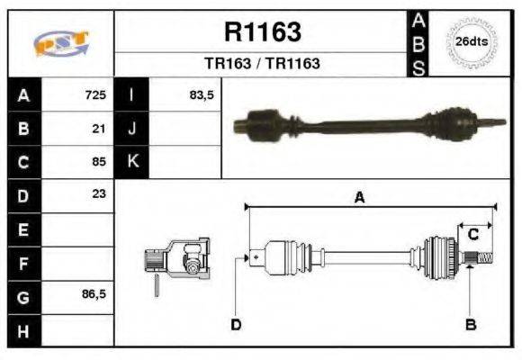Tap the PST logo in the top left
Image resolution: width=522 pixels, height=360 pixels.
(x=60, y=42)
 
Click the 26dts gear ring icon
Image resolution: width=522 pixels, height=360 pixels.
(x=471, y=42)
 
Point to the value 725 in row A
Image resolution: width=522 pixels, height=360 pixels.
(x=95, y=94)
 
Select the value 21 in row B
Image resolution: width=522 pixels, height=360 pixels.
(x=100, y=128)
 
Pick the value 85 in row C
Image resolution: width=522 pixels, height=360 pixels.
(x=100, y=162)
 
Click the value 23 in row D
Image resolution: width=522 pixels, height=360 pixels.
(x=100, y=193)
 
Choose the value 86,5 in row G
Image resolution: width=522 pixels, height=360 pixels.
(x=94, y=294)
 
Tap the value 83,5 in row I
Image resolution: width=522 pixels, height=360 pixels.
(x=201, y=94)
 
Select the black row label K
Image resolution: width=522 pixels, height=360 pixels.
(x=131, y=162)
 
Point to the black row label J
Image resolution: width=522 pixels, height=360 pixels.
(x=131, y=128)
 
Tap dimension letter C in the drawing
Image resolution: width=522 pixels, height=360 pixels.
(x=472, y=235)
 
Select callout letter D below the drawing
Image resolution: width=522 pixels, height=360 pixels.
(x=236, y=324)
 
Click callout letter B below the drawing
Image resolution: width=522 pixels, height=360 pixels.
(x=470, y=324)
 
